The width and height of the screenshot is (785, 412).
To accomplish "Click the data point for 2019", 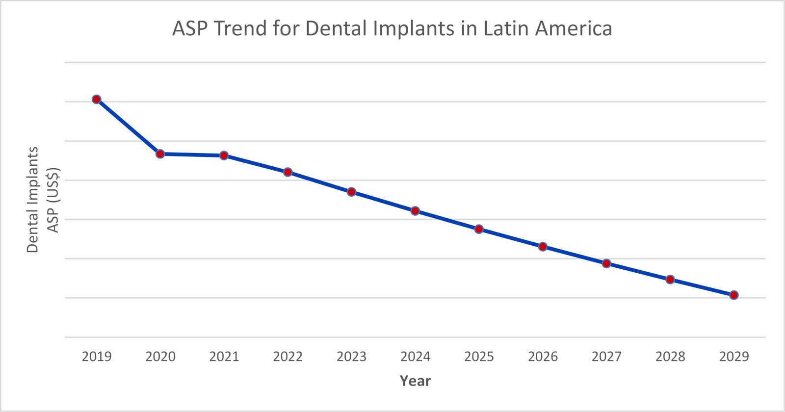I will (x=97, y=100).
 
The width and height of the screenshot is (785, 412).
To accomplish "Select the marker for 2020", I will (x=160, y=154).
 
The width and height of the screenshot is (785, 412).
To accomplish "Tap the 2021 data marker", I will (x=224, y=155).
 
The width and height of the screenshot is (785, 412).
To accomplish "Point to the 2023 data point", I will (x=351, y=192).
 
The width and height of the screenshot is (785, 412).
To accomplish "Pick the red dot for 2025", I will (x=479, y=229).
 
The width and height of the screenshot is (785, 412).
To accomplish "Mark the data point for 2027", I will (x=606, y=263).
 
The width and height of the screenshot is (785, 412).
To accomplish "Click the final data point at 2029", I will (x=734, y=295).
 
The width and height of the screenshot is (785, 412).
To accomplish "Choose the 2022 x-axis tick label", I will (x=288, y=357).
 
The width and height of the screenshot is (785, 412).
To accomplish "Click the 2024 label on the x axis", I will (x=415, y=357).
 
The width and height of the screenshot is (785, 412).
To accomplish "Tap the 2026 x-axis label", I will (x=543, y=357).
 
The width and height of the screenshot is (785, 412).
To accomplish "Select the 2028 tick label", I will (x=670, y=357).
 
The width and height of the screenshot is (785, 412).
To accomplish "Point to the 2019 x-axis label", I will (x=97, y=357).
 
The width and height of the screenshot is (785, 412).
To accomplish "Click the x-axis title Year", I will (x=415, y=381).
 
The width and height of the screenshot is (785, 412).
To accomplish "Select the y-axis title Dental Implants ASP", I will (x=43, y=200).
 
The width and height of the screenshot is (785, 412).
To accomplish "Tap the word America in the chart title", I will (x=574, y=28).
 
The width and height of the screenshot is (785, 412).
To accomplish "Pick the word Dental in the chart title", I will (x=336, y=28).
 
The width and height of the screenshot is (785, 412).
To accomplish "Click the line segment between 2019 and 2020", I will (x=129, y=127).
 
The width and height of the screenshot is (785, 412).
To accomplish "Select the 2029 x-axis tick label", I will (x=734, y=357).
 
